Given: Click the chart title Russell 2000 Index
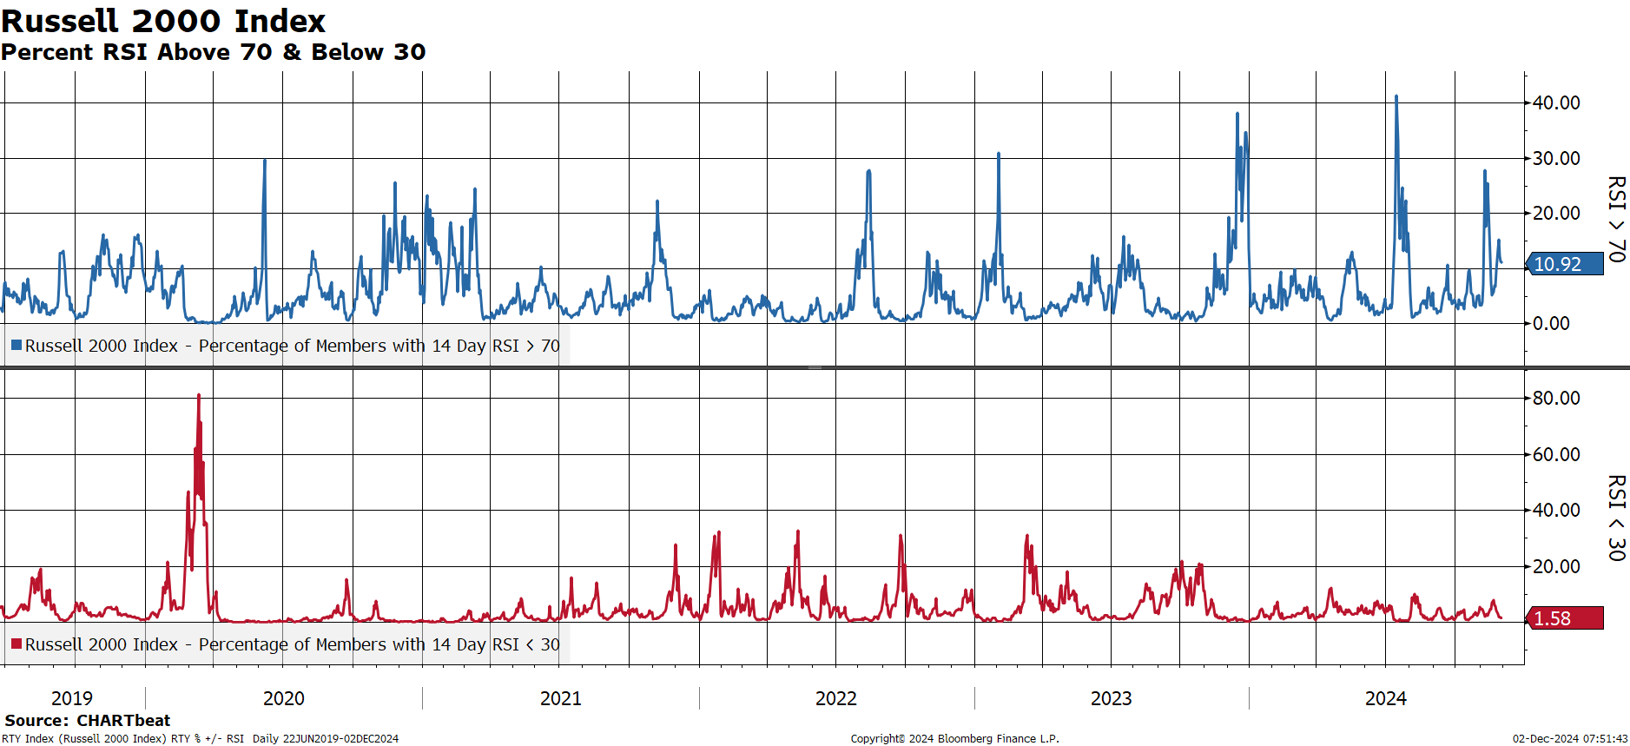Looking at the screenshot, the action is click(x=163, y=20).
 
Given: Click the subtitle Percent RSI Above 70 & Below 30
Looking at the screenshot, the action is click(x=214, y=52).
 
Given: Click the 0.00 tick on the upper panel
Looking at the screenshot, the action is click(x=1551, y=323).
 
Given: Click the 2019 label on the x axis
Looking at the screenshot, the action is click(x=72, y=698).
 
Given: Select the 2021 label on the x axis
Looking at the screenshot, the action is click(x=561, y=698).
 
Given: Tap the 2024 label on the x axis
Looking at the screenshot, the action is click(x=1386, y=698).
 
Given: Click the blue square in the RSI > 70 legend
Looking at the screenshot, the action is click(x=16, y=346).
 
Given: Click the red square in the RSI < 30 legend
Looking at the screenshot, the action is click(x=16, y=644).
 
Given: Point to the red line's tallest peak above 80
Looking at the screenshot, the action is click(x=199, y=395).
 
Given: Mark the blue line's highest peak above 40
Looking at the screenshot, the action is click(x=1396, y=96).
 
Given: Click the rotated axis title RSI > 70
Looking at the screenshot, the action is click(x=1616, y=219).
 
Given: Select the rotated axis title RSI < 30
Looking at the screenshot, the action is click(x=1616, y=518).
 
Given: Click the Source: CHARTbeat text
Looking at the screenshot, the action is click(x=88, y=720).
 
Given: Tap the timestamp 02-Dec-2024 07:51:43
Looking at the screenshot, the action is click(x=1570, y=739).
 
